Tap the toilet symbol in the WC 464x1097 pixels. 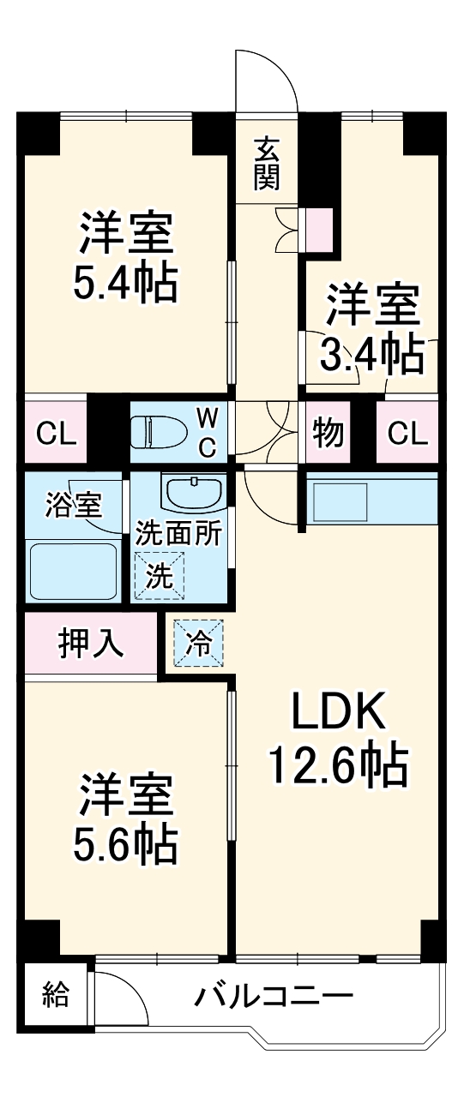pos(154,432)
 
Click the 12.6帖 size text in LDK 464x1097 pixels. pos(336,765)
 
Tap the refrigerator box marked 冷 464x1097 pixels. pos(198,644)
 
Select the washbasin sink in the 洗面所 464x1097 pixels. pos(194,495)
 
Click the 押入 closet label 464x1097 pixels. pos(90,643)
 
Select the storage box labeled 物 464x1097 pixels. pos(327,434)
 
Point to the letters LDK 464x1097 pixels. pos(336,710)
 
